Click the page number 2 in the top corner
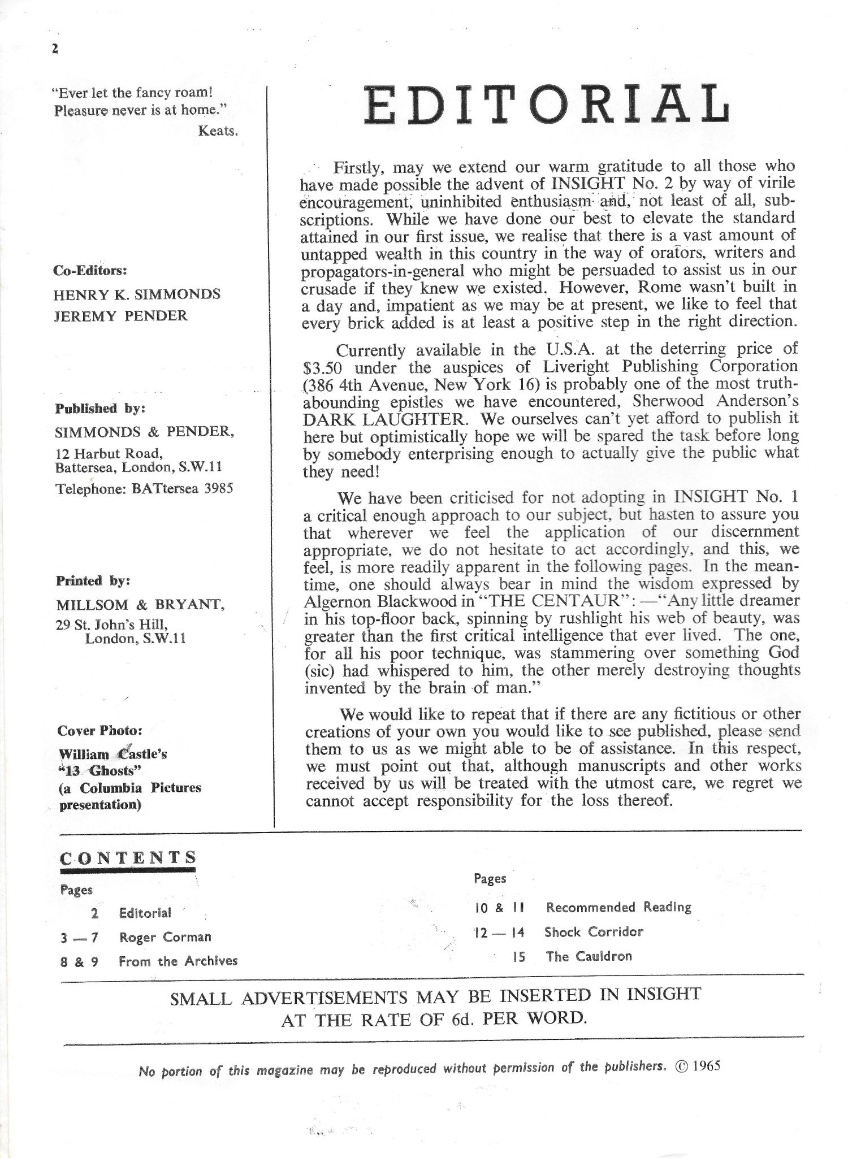(x=55, y=49)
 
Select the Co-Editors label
(x=90, y=270)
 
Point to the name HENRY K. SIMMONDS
(x=137, y=294)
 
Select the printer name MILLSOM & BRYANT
(x=141, y=605)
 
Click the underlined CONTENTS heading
(x=128, y=857)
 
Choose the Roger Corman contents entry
(x=165, y=937)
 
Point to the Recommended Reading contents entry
(x=618, y=907)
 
